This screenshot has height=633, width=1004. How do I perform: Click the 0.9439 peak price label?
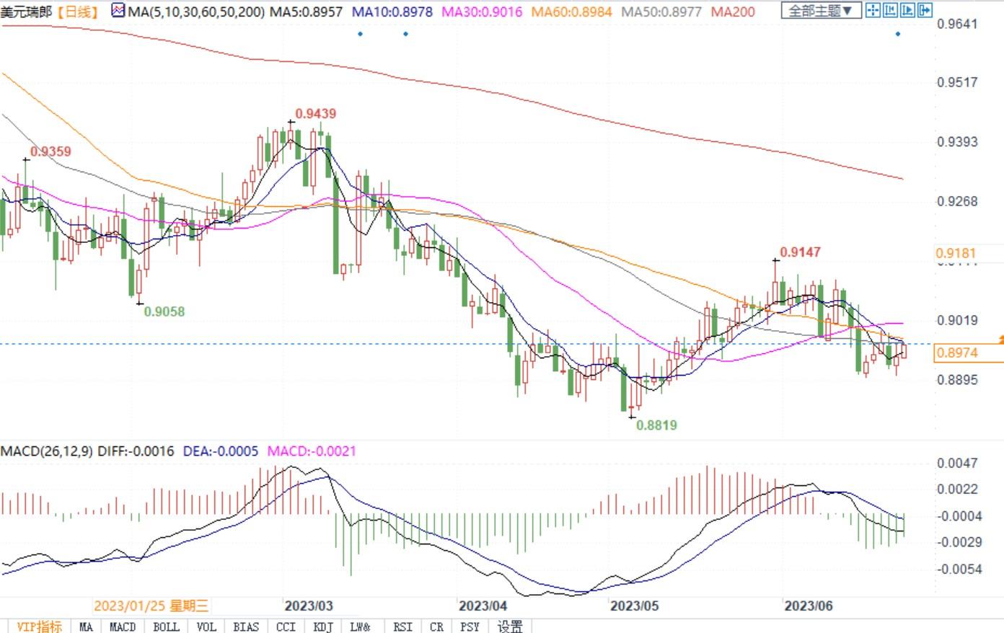316,114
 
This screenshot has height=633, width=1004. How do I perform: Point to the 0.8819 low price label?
656,425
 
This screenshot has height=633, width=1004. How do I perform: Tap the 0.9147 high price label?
800,252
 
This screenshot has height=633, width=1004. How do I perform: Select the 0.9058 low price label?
164,312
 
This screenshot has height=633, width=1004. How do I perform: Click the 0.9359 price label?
50,151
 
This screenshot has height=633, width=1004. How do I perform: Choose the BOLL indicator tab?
166,627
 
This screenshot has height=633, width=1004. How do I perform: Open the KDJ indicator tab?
323,627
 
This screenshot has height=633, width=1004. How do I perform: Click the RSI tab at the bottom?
402,627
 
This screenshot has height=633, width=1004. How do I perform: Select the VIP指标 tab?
39,627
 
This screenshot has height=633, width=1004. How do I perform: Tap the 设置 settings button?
510,627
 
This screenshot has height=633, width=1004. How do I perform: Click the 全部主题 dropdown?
820,11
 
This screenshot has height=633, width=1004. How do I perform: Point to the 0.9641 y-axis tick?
957,24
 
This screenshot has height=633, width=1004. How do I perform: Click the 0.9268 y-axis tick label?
957,202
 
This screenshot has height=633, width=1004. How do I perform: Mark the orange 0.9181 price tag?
956,253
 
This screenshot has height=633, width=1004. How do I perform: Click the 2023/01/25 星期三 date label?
151,606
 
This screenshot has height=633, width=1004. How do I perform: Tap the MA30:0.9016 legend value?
482,12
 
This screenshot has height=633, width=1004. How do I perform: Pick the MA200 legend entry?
733,12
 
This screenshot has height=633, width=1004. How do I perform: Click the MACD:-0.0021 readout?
312,451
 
